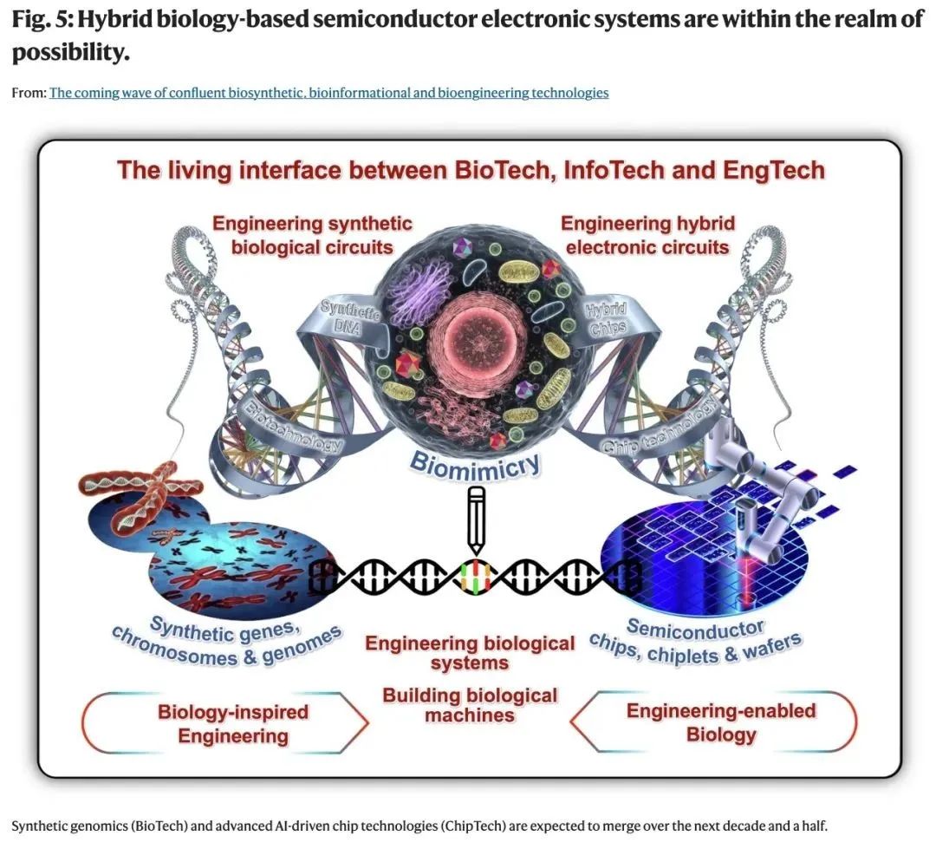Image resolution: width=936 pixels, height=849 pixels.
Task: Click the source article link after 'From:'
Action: (x=328, y=93)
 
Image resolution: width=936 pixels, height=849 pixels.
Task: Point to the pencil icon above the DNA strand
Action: (x=475, y=519)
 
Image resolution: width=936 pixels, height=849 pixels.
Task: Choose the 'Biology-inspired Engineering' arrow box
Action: (x=232, y=724)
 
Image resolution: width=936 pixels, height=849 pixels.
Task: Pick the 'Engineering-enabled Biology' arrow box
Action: (x=720, y=722)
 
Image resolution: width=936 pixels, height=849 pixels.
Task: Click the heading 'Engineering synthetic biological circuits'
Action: (x=312, y=235)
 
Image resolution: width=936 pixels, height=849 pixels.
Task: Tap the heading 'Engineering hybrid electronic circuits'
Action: (x=647, y=235)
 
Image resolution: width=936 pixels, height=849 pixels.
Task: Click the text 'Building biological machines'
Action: (x=470, y=705)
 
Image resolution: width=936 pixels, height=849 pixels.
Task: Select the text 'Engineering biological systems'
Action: (x=470, y=653)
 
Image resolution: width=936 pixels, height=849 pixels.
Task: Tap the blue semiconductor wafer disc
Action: (x=702, y=555)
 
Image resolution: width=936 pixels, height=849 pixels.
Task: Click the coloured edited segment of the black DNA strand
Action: (x=475, y=576)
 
